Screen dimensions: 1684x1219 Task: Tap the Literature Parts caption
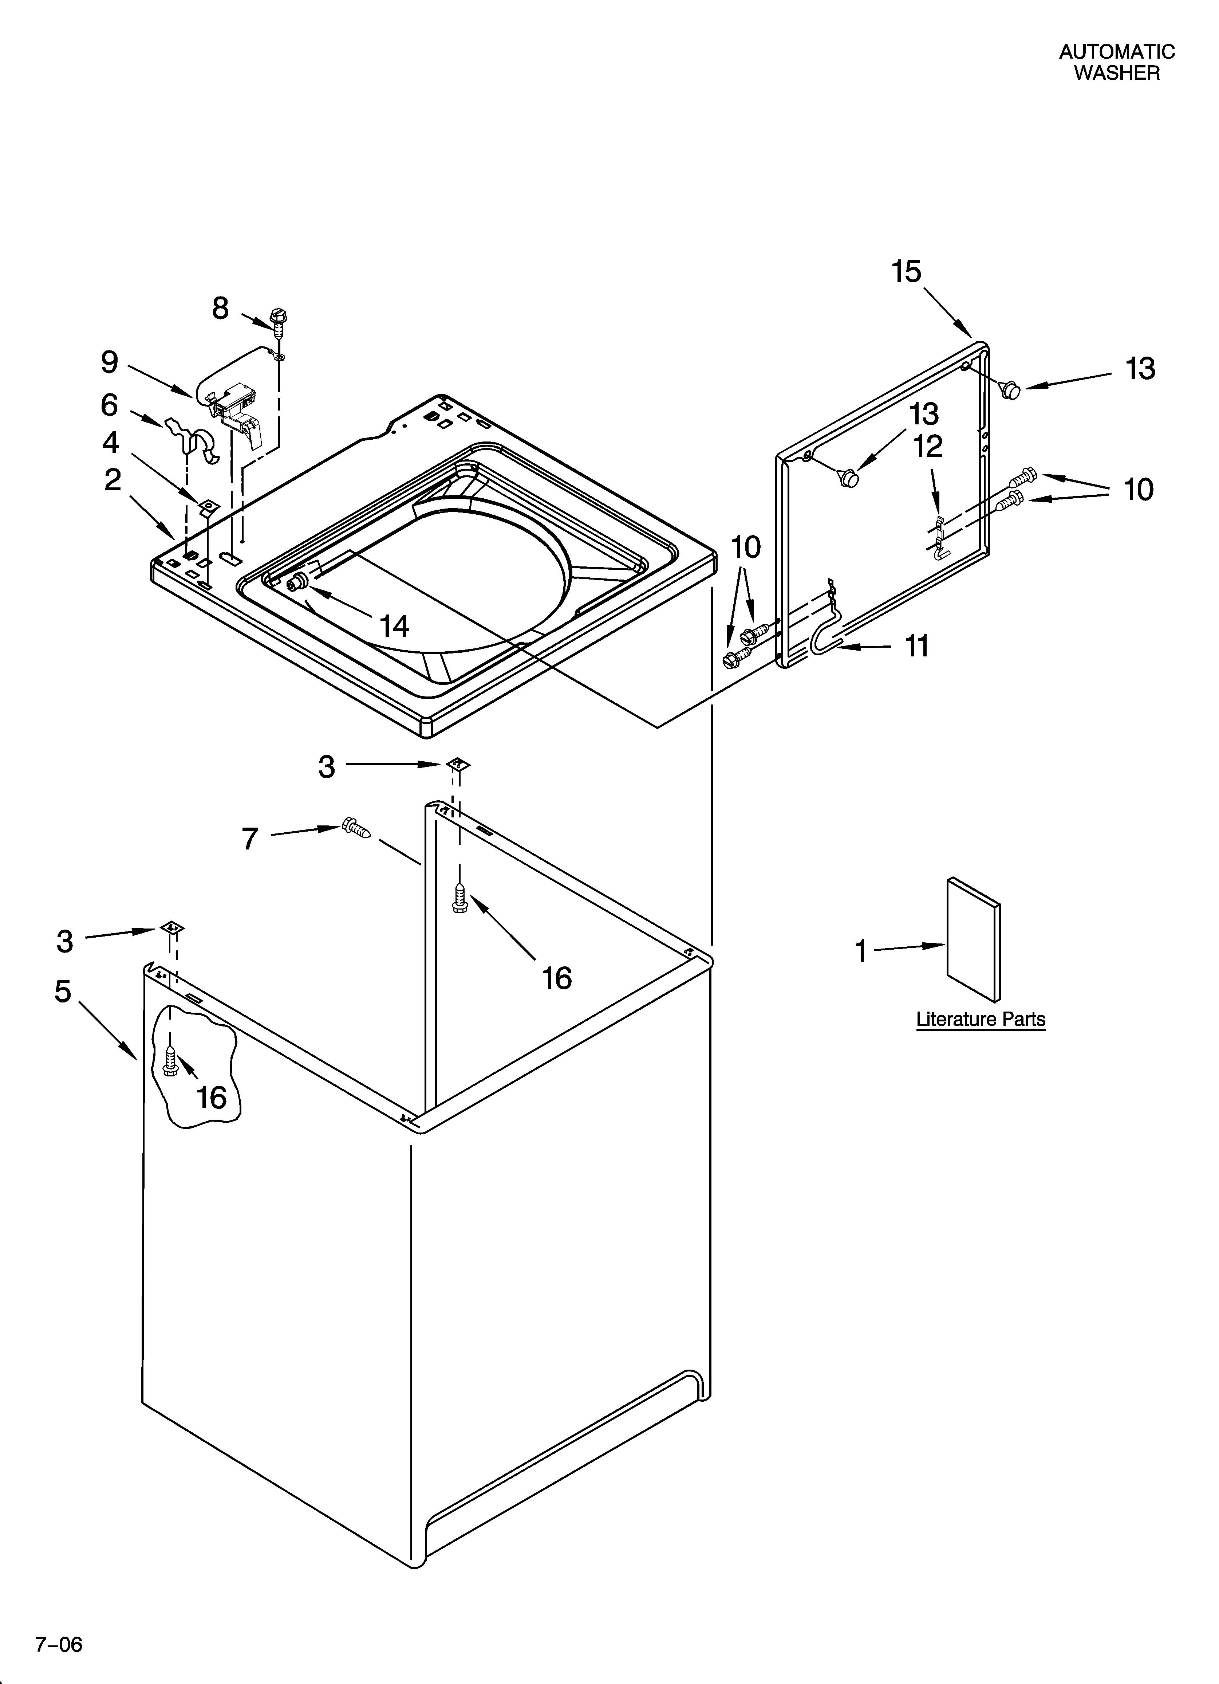(x=980, y=1020)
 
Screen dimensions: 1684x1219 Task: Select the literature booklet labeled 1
(x=973, y=939)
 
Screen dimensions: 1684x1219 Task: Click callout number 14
(x=394, y=626)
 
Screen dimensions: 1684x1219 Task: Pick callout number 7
(x=250, y=839)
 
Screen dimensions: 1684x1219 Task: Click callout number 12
(x=928, y=446)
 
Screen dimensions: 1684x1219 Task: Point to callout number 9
(x=110, y=362)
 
